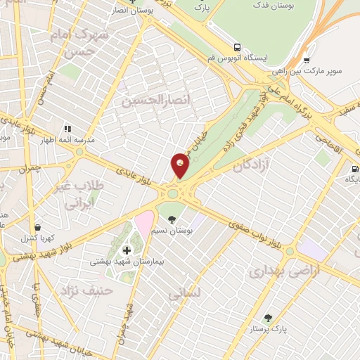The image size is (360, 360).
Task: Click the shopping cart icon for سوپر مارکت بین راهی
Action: (306, 60)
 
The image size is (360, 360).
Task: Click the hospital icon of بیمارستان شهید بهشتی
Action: (127, 250)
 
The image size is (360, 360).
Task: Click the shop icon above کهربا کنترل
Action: (36, 228)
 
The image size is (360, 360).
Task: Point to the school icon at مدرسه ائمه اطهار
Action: (67, 129)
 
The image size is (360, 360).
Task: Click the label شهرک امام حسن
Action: (83, 43)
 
